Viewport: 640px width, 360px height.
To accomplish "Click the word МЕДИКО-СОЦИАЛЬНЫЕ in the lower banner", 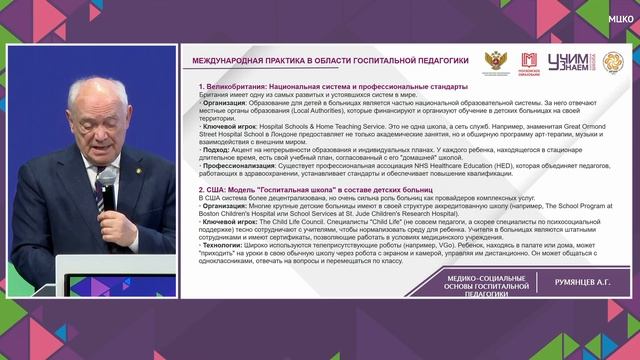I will tap(486, 276).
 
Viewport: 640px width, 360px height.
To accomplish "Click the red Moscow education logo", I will tap(529, 61).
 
